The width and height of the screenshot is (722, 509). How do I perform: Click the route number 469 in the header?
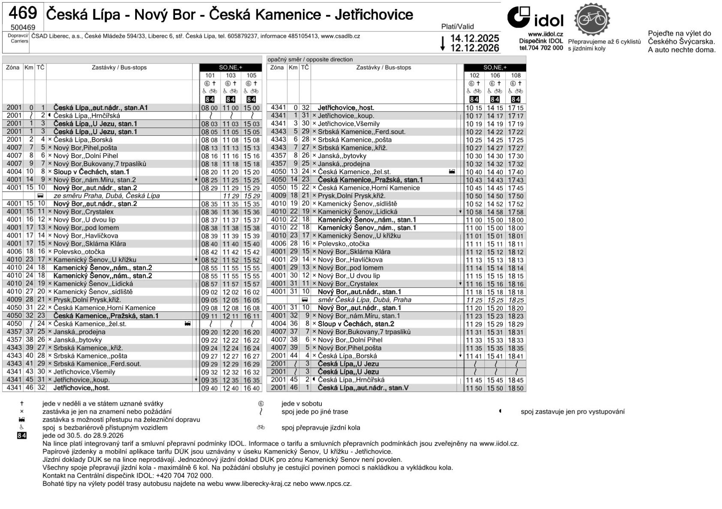coord(22,14)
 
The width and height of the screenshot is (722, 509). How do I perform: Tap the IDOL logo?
coord(535,18)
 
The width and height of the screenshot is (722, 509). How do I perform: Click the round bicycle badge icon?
coord(592,19)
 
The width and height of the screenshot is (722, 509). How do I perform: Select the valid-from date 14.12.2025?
coord(474,38)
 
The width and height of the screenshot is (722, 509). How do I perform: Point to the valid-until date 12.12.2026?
coord(474,48)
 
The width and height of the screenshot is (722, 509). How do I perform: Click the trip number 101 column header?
coord(210,76)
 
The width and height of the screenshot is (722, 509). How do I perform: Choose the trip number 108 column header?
coord(516,76)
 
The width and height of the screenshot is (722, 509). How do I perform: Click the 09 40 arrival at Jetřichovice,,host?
coord(210,388)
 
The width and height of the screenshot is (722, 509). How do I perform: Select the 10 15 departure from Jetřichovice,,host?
coord(474,108)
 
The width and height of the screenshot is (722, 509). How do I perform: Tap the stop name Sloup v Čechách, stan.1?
coord(91,172)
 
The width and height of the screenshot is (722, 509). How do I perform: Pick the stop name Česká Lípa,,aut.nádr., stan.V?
coord(363,388)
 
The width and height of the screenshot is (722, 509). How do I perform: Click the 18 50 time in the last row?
coord(516,388)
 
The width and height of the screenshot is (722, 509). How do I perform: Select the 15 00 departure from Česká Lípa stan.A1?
coord(251,108)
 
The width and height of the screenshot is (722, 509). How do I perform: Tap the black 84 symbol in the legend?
coord(21,436)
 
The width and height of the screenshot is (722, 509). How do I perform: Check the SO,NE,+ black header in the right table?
coord(495,67)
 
